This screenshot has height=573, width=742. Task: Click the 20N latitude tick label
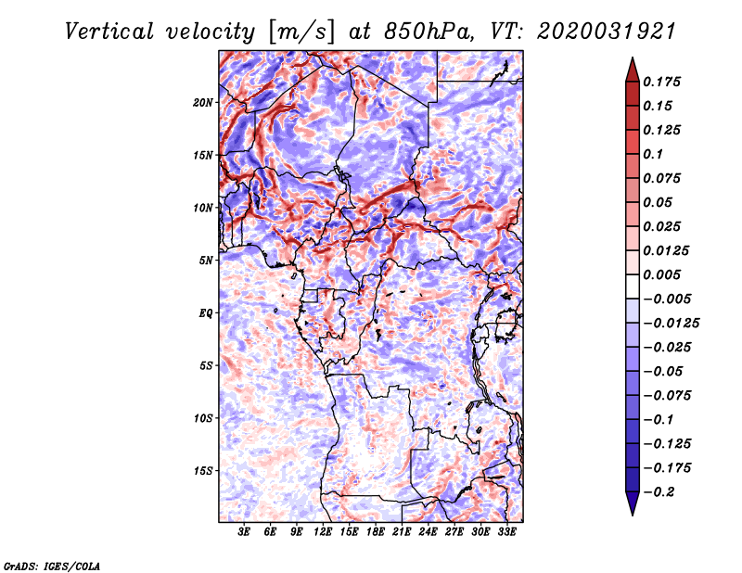pyautogui.click(x=203, y=102)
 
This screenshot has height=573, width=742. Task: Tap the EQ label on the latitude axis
pyautogui.click(x=206, y=312)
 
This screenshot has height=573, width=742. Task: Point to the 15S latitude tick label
pyautogui.click(x=203, y=471)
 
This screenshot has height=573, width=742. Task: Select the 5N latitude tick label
pyautogui.click(x=206, y=261)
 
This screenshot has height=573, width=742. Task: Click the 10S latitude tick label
pyautogui.click(x=203, y=418)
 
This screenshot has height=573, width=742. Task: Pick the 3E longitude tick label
pyautogui.click(x=244, y=531)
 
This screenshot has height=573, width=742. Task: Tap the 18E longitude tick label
pyautogui.click(x=376, y=531)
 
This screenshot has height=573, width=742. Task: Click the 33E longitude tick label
pyautogui.click(x=506, y=531)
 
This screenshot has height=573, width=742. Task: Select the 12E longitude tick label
pyautogui.click(x=323, y=531)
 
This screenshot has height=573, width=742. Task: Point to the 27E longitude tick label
pyautogui.click(x=454, y=531)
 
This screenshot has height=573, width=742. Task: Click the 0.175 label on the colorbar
pyautogui.click(x=662, y=82)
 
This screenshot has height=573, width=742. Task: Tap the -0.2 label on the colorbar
pyautogui.click(x=659, y=492)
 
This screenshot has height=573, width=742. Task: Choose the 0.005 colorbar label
pyautogui.click(x=662, y=274)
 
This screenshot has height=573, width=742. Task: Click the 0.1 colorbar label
pyautogui.click(x=654, y=154)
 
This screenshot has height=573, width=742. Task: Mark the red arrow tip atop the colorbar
pyautogui.click(x=633, y=57)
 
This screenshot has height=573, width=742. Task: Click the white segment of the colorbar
pyautogui.click(x=633, y=286)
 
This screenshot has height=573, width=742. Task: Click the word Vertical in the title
pyautogui.click(x=109, y=32)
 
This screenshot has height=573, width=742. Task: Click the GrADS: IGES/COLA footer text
pyautogui.click(x=52, y=566)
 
